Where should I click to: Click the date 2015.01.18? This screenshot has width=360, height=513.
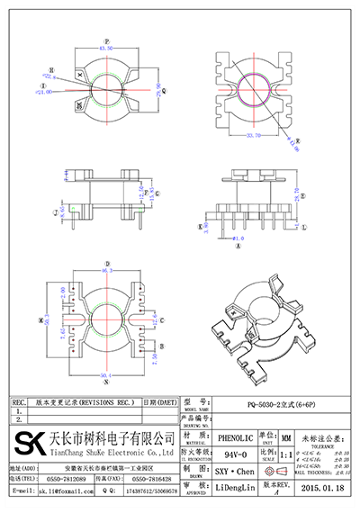[324, 487]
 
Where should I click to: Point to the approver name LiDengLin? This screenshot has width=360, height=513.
[236, 487]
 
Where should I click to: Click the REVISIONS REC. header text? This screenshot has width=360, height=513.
[85, 402]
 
